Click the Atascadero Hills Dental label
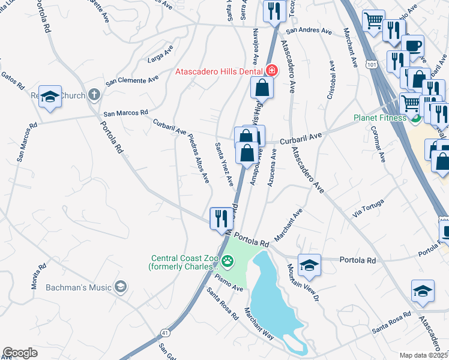(x=220, y=71)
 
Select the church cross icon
(x=93, y=94)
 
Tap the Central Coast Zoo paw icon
(x=228, y=261)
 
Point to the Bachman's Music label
(x=79, y=287)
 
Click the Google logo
(x=20, y=353)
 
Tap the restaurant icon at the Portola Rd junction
(x=221, y=218)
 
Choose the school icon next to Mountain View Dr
(x=309, y=265)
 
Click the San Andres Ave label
(x=309, y=31)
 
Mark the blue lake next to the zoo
(x=273, y=300)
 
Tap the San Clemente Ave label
(x=132, y=80)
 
